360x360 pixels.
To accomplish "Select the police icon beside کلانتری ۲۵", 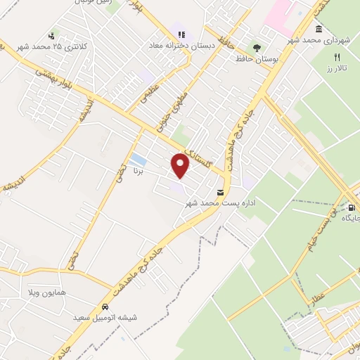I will click(x=51, y=37).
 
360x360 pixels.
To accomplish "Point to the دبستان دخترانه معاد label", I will click(x=179, y=46).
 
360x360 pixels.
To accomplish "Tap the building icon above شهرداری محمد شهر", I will click(x=319, y=30).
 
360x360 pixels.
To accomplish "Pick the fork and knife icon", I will click(x=337, y=57).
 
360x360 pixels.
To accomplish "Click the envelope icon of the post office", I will click(x=221, y=192).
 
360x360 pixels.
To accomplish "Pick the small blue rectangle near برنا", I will click(x=139, y=160).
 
